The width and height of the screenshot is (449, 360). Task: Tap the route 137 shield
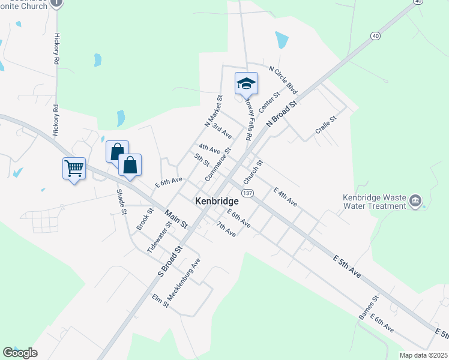[247, 192]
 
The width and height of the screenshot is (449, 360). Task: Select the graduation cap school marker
[246, 83]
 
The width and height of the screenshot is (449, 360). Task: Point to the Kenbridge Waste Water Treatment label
[375, 201]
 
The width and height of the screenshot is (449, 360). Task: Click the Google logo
[20, 353]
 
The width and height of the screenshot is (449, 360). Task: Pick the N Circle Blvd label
[283, 80]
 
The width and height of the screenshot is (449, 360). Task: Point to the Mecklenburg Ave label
[184, 280]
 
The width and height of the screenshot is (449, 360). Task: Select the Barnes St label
[368, 307]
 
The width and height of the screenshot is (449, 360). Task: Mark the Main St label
[176, 218]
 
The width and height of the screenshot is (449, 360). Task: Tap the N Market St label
[214, 112]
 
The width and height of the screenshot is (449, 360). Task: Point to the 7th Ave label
[226, 229]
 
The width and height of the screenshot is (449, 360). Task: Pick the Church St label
[253, 172]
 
